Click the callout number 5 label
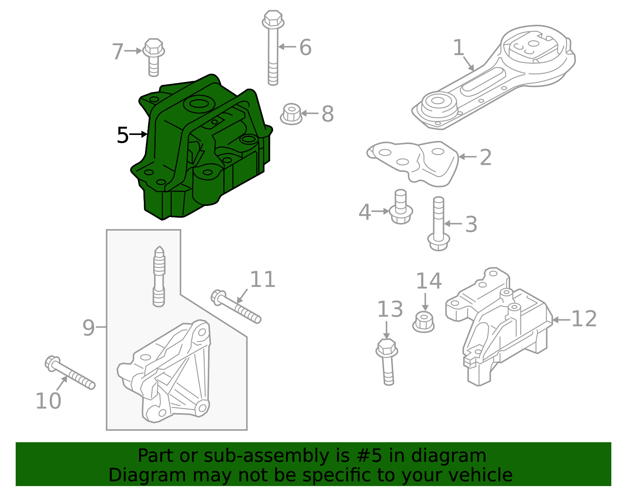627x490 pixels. coord(123,135)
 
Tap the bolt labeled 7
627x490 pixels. coord(153,56)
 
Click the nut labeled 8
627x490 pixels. coord(291,114)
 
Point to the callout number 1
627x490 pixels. coord(458,48)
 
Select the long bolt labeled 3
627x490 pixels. coord(438,224)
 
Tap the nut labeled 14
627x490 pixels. coord(423,322)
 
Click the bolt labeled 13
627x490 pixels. coord(387,361)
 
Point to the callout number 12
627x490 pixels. coord(584,319)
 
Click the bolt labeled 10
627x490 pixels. coord(70,373)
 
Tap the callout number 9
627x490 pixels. coord(89,328)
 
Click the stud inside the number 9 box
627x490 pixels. coord(159,277)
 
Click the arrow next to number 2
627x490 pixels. coord(467,157)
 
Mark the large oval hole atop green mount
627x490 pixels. coord(199,104)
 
